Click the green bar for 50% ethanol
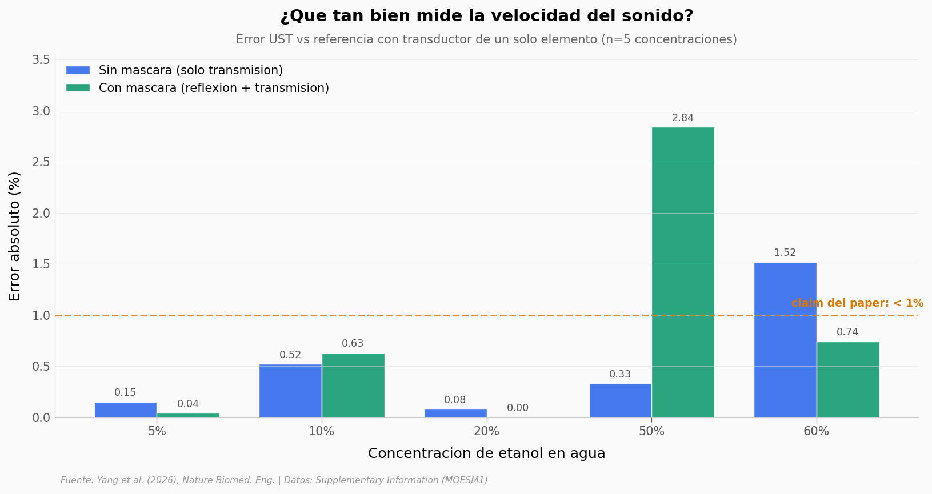coord(683,272)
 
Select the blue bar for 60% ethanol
coord(785,340)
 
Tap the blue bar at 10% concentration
coord(290,391)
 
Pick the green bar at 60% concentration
coord(848,380)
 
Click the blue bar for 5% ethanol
coord(126,409)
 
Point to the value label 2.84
coord(683,118)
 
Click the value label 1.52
coord(785,253)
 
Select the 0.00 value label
coord(518,408)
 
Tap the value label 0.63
coord(353,344)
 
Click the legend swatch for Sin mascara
coord(78,70)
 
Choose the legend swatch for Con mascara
coord(78,88)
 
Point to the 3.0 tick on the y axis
coord(41,111)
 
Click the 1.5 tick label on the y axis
coord(41,264)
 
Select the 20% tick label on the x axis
coord(486,432)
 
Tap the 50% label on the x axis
coord(651,432)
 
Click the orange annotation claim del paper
coord(857,303)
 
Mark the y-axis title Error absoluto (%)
coord(15,236)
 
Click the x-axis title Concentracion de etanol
coord(486,453)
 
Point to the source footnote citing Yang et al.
coord(274,480)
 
